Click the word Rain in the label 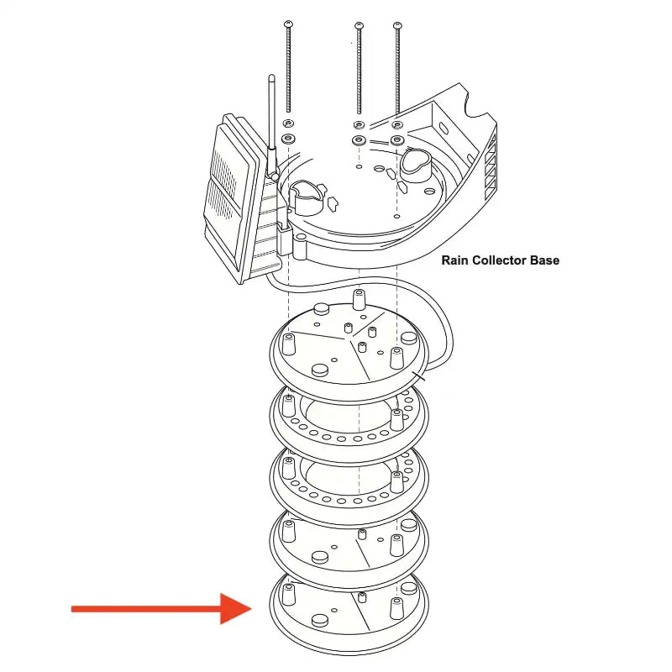[x=456, y=260]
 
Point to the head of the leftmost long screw [x=289, y=23]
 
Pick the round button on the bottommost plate [x=320, y=619]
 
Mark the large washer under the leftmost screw [x=289, y=138]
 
